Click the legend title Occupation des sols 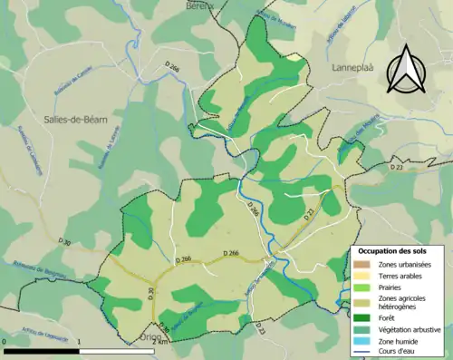coord(394,249)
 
